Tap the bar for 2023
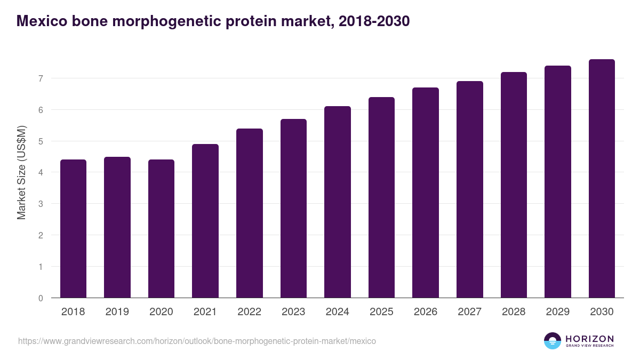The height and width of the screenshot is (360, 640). click(x=293, y=208)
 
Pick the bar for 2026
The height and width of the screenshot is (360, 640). click(x=426, y=193)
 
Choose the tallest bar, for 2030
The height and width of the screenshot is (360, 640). click(x=602, y=178)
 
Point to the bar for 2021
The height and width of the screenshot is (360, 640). click(x=205, y=221)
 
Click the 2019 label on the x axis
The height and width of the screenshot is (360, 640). click(x=117, y=312)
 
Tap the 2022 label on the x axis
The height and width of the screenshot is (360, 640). click(x=249, y=312)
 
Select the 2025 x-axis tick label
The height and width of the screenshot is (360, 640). click(x=381, y=312)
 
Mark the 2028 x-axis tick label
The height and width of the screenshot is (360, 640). click(x=514, y=312)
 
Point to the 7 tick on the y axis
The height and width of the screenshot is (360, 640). click(x=40, y=78)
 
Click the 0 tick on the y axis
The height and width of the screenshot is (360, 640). click(x=40, y=298)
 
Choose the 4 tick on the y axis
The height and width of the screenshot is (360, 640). click(x=40, y=172)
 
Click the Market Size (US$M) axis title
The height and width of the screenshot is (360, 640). click(x=21, y=172)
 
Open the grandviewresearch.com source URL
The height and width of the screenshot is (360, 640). click(x=197, y=341)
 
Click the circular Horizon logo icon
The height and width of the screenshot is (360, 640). click(x=553, y=341)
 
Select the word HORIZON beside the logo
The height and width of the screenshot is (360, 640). click(x=589, y=339)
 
